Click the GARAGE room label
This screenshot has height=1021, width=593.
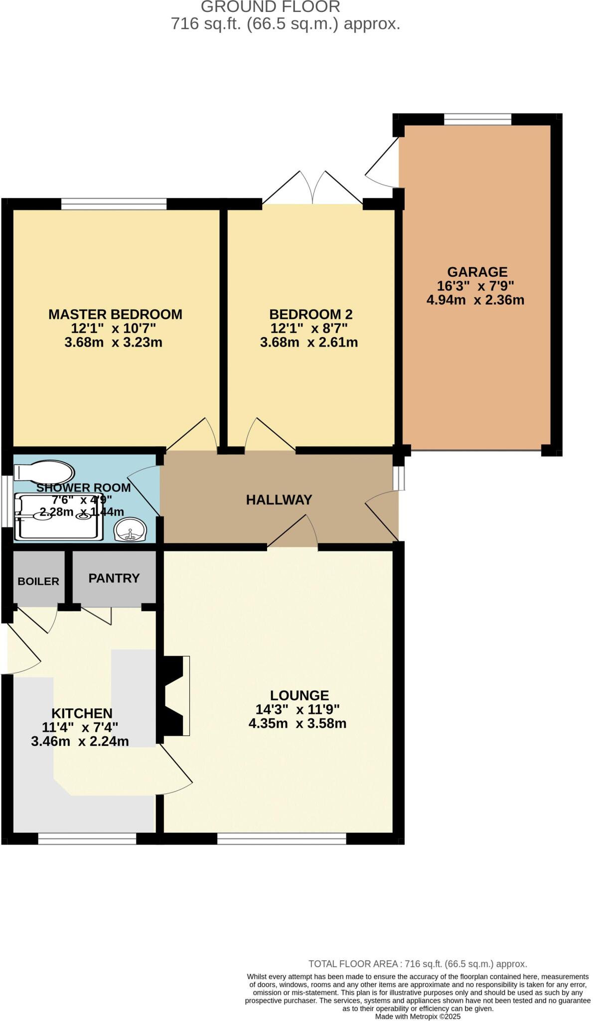pyautogui.click(x=477, y=272)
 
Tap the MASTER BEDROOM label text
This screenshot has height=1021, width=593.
pyautogui.click(x=115, y=314)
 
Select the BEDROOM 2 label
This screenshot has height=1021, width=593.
pyautogui.click(x=310, y=314)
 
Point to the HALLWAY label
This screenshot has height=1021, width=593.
pyautogui.click(x=279, y=500)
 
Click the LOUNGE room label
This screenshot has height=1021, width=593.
pyautogui.click(x=299, y=695)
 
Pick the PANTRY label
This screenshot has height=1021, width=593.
pyautogui.click(x=114, y=578)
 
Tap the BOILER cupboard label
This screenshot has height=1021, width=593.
pyautogui.click(x=38, y=581)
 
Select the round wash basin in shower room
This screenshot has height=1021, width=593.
pyautogui.click(x=130, y=529)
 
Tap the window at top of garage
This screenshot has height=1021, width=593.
pyautogui.click(x=477, y=119)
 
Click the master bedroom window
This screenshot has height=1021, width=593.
pyautogui.click(x=114, y=204)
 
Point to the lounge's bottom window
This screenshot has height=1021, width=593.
pyautogui.click(x=282, y=839)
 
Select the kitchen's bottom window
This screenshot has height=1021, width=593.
pyautogui.click(x=87, y=839)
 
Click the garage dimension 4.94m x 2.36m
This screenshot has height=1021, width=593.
pyautogui.click(x=475, y=300)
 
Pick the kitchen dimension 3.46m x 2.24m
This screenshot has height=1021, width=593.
pyautogui.click(x=80, y=741)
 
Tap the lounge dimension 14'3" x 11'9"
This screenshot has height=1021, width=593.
pyautogui.click(x=297, y=709)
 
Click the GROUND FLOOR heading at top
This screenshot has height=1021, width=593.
pyautogui.click(x=271, y=7)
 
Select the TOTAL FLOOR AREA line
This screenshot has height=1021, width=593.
pyautogui.click(x=418, y=964)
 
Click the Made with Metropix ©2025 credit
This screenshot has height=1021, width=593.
pyautogui.click(x=418, y=1016)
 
